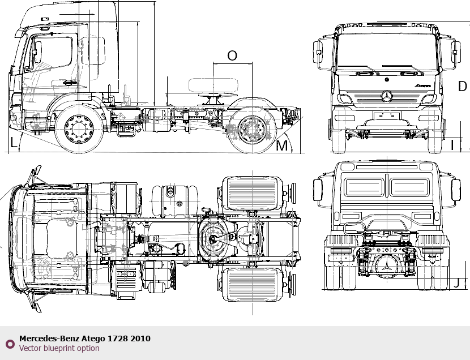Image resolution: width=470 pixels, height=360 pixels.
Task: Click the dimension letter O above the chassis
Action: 232,55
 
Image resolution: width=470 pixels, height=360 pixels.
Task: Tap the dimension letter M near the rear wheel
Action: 281,146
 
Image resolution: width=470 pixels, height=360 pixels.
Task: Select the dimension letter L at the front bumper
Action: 14,142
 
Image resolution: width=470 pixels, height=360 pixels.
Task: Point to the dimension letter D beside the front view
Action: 463,86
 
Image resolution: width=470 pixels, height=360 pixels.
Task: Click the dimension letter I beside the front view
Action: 452,145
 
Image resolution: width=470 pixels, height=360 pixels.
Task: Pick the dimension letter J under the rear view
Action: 456,283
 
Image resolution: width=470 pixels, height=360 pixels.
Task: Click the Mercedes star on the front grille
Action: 387,96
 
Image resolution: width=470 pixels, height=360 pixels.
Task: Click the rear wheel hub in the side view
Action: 252,130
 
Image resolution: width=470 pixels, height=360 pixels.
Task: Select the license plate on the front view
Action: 387,115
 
